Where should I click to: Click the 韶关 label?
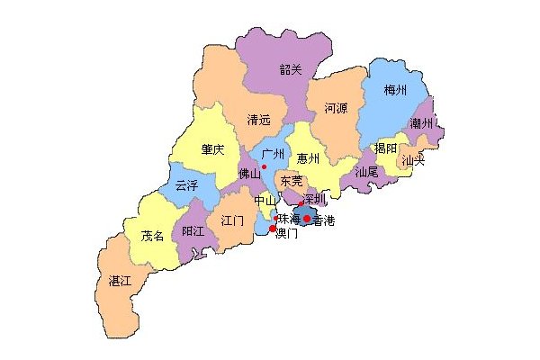[x=292, y=68]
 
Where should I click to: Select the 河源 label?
[x=335, y=107]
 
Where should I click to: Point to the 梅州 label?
[x=395, y=91]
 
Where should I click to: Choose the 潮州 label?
[x=421, y=123]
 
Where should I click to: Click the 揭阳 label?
[x=386, y=149]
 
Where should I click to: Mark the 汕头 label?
[x=413, y=161]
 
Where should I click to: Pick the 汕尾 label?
[x=366, y=171]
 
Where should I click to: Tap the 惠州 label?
[x=309, y=158]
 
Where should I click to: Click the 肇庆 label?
[x=213, y=150]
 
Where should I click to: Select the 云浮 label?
[x=186, y=185]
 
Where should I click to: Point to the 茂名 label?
[x=153, y=236]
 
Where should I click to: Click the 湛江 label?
[x=121, y=281]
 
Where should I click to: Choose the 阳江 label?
[x=193, y=231]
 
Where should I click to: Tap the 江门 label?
[x=231, y=220]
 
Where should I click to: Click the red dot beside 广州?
[x=264, y=166]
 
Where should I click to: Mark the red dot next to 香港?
[x=307, y=219]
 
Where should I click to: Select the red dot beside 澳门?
[x=273, y=229]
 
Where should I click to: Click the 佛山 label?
[x=248, y=174]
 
